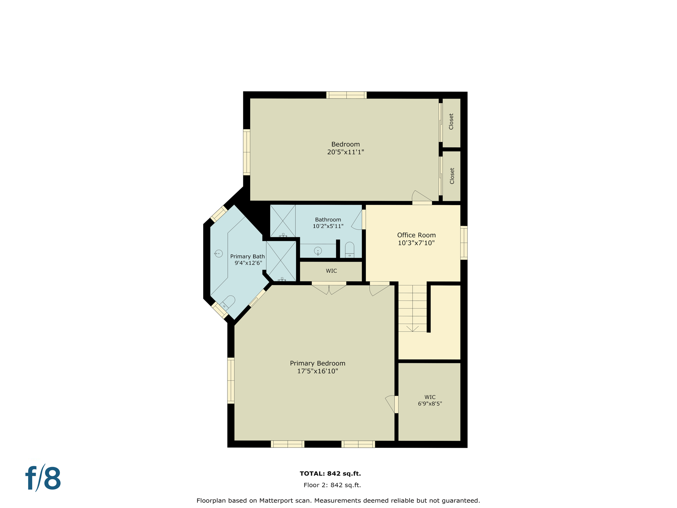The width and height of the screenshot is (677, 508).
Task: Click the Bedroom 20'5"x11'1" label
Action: [x=345, y=148]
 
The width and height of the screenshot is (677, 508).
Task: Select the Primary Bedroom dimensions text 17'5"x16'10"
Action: [x=317, y=371]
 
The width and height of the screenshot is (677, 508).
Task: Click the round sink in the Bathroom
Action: [x=318, y=251]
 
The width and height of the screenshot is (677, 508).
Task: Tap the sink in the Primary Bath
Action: [x=219, y=254]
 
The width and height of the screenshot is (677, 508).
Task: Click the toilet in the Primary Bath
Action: [x=228, y=302]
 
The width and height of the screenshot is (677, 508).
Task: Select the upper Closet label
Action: [x=451, y=122]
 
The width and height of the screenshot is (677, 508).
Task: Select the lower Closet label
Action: [x=452, y=176]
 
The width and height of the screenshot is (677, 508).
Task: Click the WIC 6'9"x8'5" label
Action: [x=430, y=400]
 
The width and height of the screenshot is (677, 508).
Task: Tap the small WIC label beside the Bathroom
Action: [x=331, y=271]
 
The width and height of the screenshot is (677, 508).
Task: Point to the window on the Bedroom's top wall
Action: [x=346, y=95]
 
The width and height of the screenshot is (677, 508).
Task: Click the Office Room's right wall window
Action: [x=464, y=243]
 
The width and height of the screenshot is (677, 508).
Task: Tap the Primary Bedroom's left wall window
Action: [x=231, y=380]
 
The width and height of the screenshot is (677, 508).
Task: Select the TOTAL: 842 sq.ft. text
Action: [x=330, y=474]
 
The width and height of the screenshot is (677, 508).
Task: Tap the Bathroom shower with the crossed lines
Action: [x=283, y=221]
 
